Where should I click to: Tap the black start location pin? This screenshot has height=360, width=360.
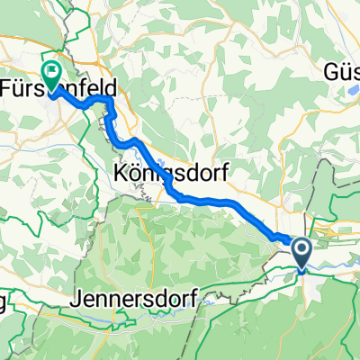pyautogui.click(x=301, y=253)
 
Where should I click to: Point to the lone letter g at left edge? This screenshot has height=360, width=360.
pyautogui.click(x=4, y=302)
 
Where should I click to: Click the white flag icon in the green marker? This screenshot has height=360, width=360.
pyautogui.click(x=52, y=65)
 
